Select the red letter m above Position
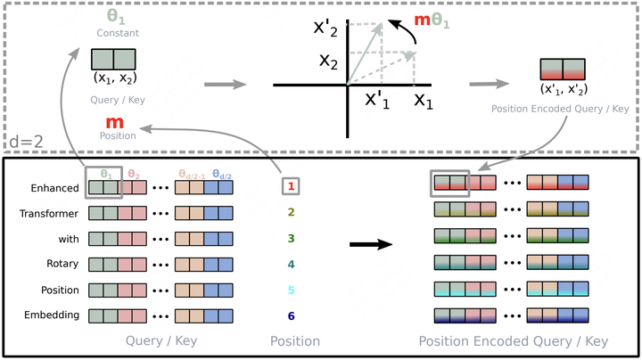point(114,121)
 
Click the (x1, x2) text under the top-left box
point(113,78)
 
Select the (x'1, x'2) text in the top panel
point(563,89)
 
